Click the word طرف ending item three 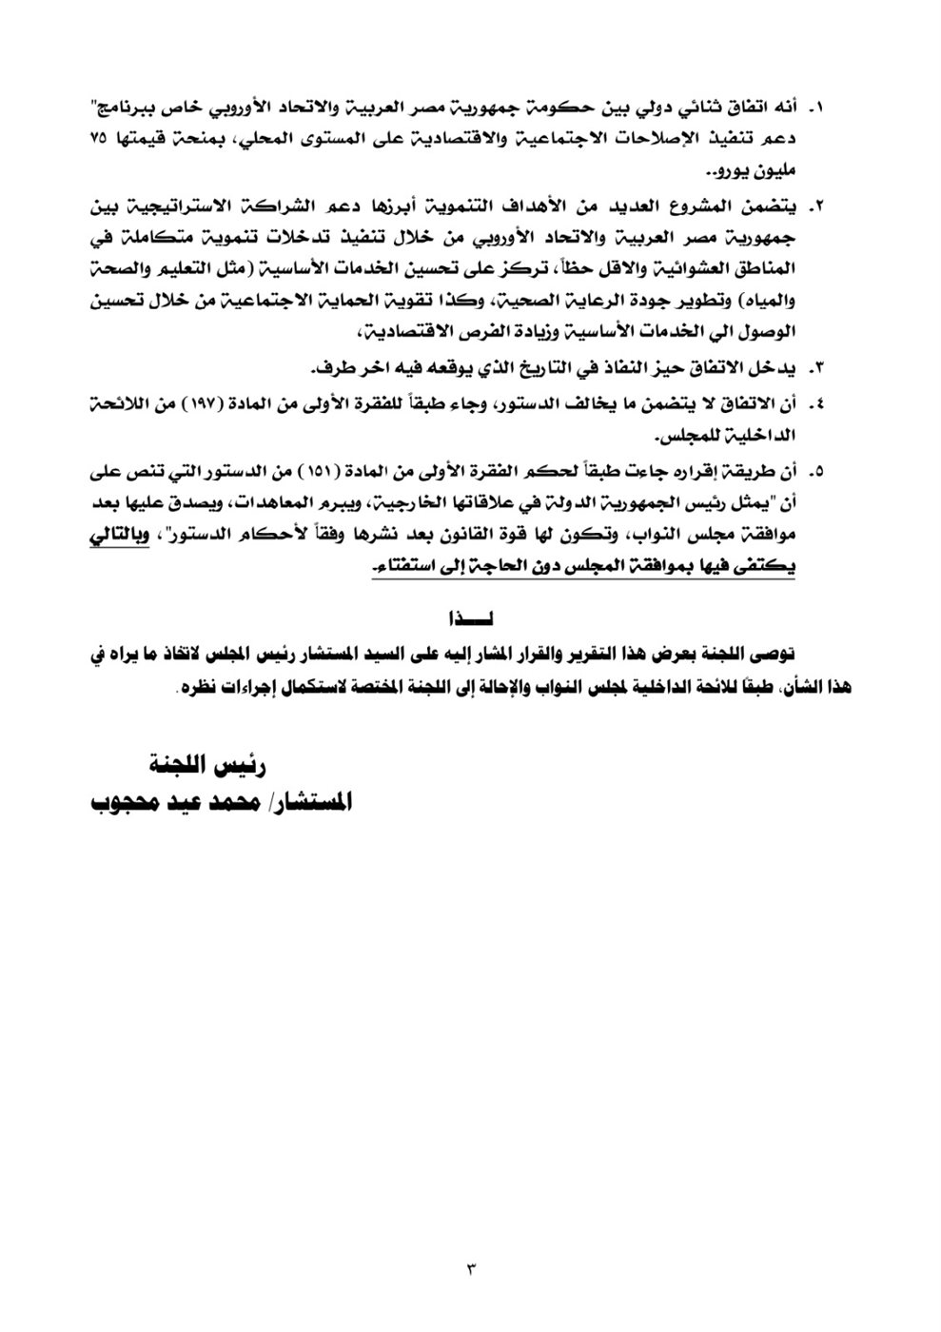pyautogui.click(x=326, y=367)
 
